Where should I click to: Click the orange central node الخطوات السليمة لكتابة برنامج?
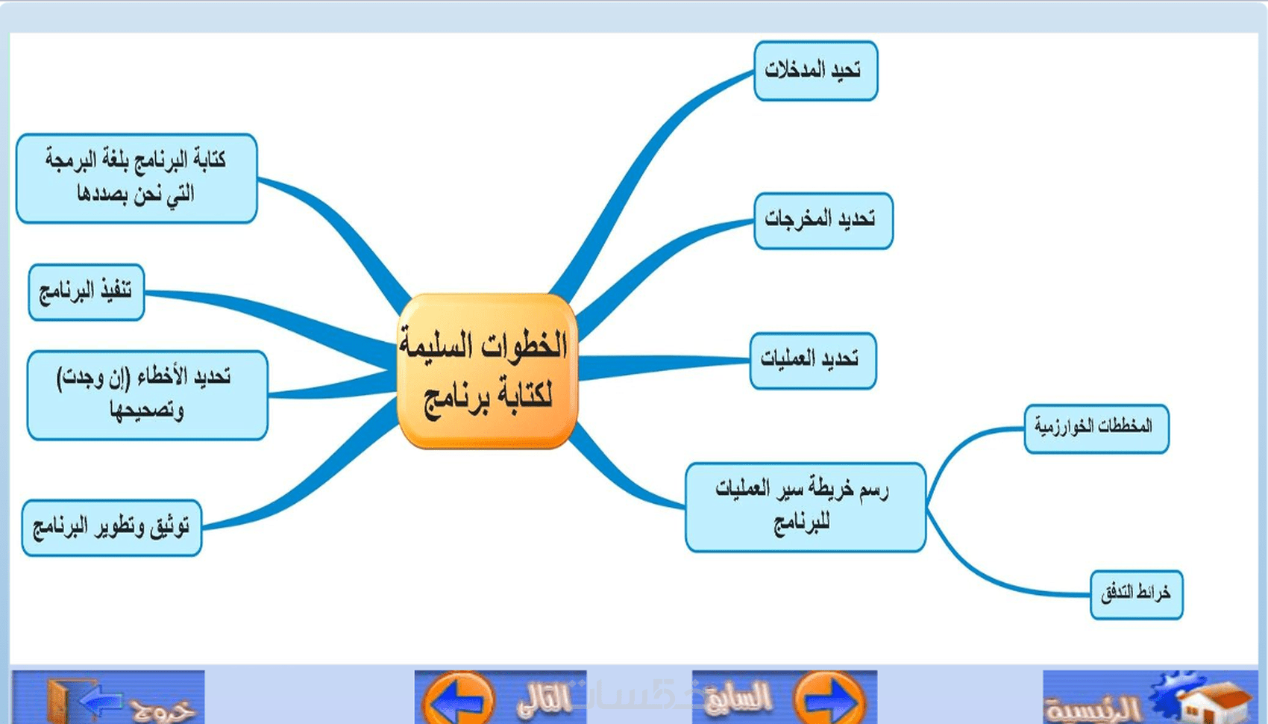point(487,371)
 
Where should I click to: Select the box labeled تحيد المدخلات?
point(816,71)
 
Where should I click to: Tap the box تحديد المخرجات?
point(823,220)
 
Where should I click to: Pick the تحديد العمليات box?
point(813,361)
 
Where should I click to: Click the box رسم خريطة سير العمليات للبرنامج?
point(806,508)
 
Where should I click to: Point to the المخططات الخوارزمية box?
point(1096,429)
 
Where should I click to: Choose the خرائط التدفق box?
point(1136,595)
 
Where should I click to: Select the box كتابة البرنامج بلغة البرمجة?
point(136,178)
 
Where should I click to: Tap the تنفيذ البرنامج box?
point(86,293)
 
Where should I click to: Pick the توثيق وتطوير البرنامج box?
point(112,528)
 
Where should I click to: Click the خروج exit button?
point(108,697)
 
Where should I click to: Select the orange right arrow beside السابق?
point(830,699)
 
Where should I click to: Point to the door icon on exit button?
point(63,702)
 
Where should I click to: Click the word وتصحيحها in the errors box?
point(147,411)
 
